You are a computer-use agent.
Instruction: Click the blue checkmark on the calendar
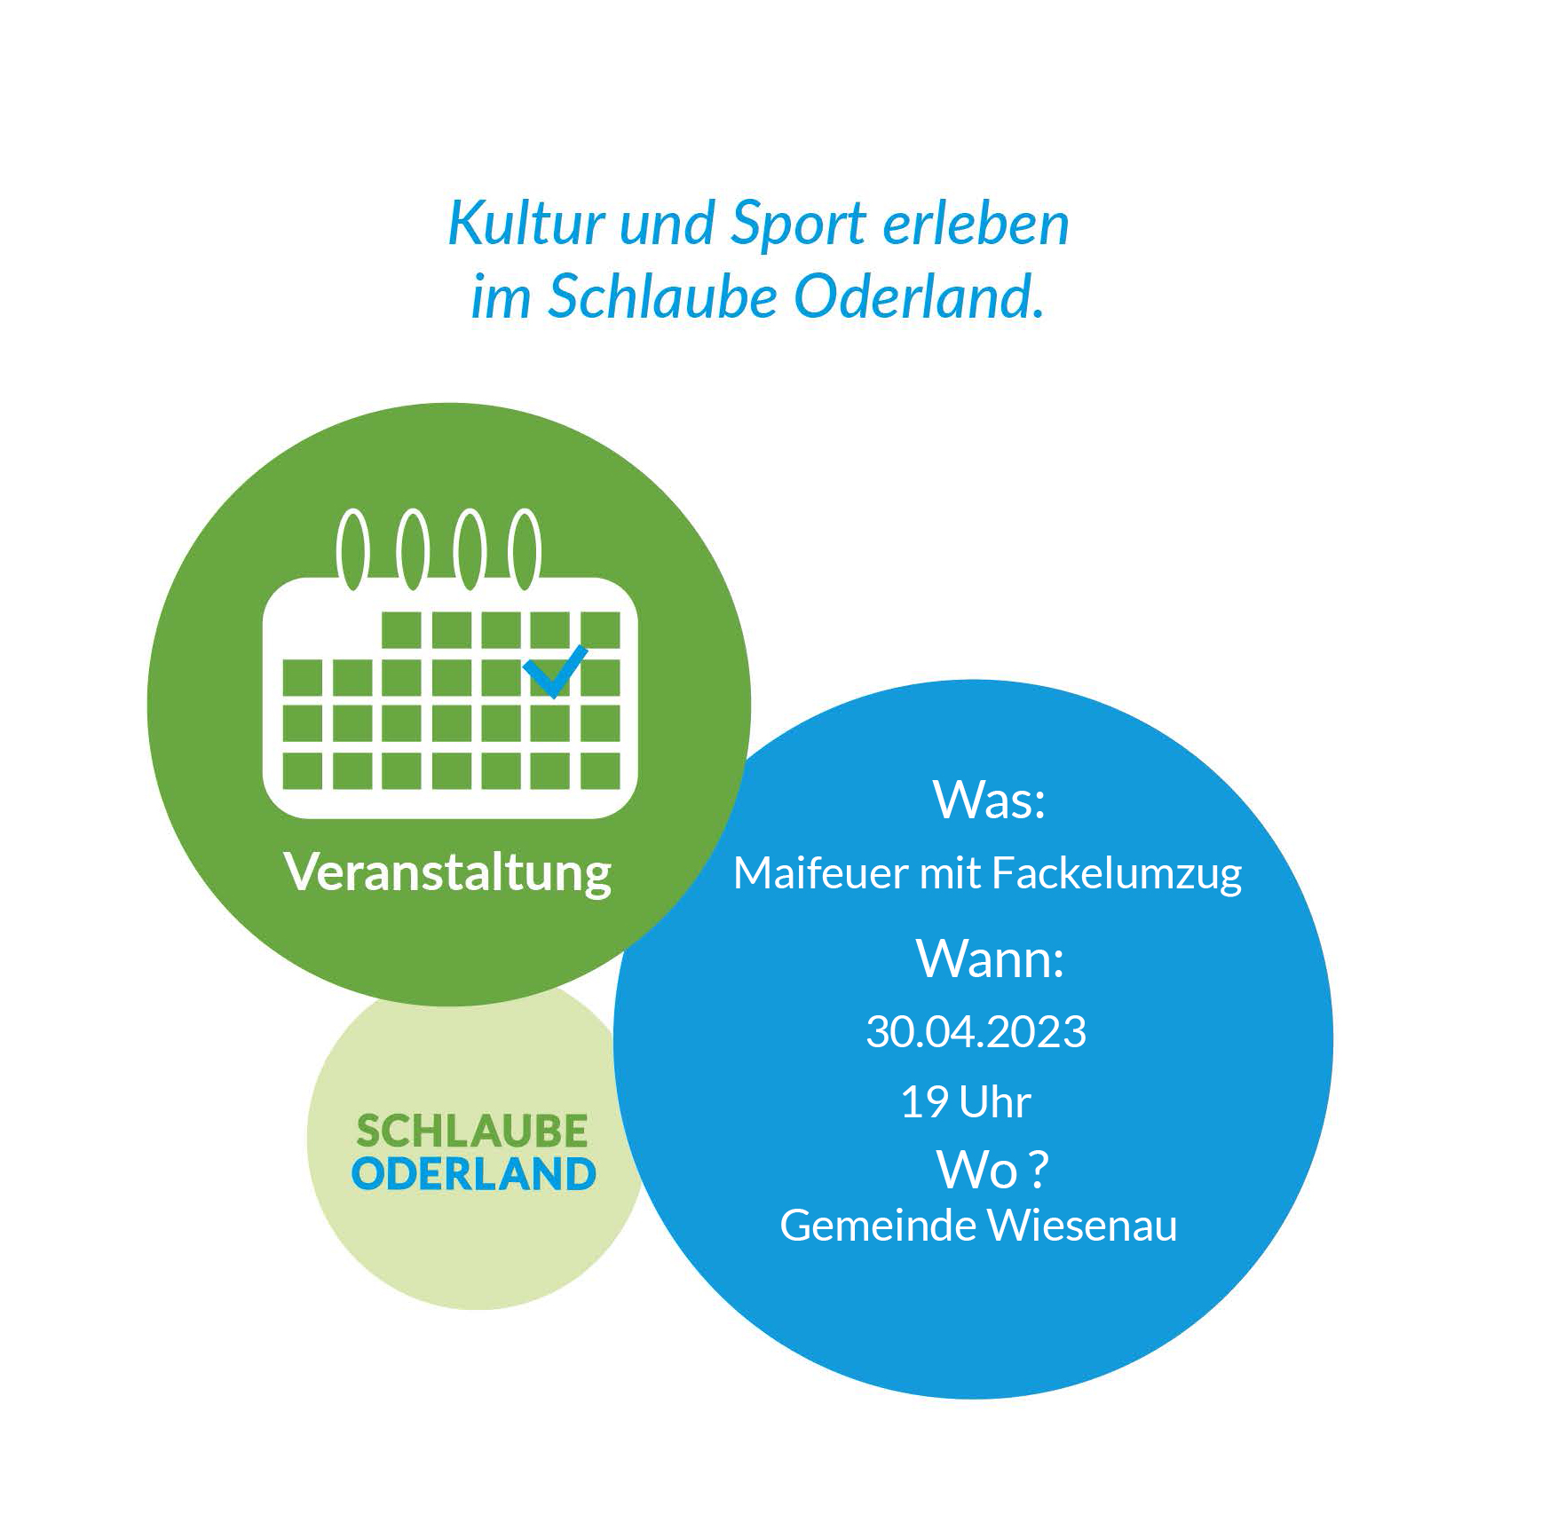coord(555,672)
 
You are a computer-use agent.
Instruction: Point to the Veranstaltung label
coord(448,873)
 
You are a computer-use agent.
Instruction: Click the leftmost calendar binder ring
coord(352,548)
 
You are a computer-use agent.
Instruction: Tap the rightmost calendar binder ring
coord(526,548)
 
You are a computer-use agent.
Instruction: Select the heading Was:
coord(989,800)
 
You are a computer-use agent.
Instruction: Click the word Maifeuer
coord(821,873)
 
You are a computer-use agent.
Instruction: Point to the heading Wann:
coord(990,959)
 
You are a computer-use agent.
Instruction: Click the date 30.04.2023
coord(976,1032)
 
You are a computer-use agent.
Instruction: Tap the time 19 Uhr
coord(966,1103)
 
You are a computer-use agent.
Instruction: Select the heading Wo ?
coord(992,1170)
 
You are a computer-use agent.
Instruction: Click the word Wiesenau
coord(1082,1226)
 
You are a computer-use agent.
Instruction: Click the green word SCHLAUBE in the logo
coord(472,1132)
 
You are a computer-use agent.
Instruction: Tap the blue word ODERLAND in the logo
coord(474,1174)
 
